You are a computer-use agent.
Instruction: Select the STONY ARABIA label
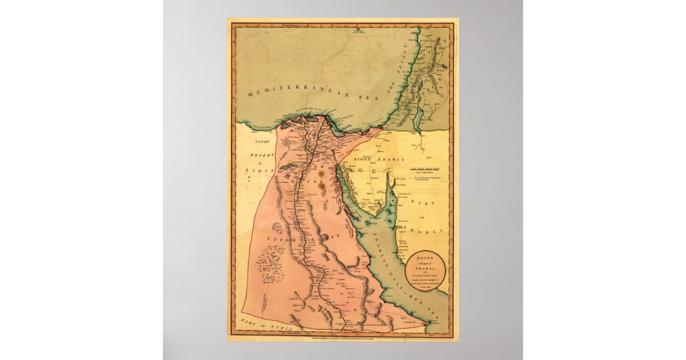pyautogui.click(x=378, y=159)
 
